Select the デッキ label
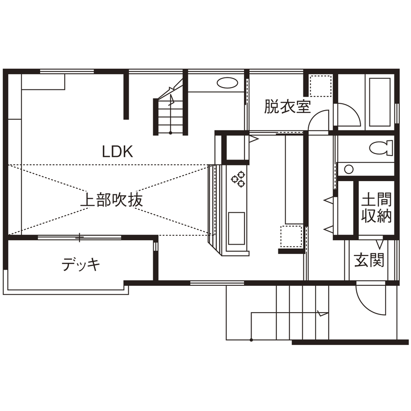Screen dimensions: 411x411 coord(81,265)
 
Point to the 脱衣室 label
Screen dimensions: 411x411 coord(287,107)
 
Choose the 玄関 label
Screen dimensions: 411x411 coord(369,261)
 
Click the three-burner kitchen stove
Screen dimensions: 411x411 coord(237,179)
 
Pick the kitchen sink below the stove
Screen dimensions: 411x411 coord(237,228)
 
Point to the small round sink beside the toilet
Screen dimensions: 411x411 coord(349,169)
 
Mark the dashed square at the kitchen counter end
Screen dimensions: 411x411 coord(290,237)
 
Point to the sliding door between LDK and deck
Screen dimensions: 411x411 coord(79,237)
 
